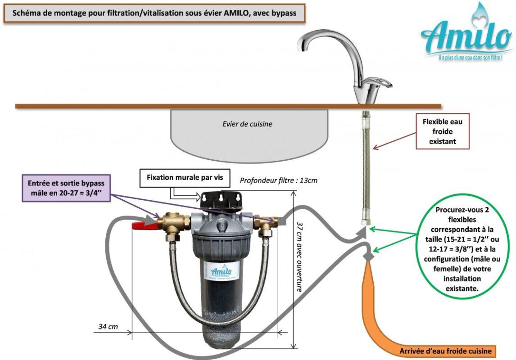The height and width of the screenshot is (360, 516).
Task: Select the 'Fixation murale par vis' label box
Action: [x=185, y=177]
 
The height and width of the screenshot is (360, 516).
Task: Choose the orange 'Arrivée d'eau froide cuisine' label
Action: [x=445, y=351]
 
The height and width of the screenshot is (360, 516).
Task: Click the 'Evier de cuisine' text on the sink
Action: [x=247, y=124]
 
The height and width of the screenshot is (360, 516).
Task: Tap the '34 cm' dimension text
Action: [x=108, y=326]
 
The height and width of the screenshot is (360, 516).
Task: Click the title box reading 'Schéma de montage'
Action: [x=154, y=13]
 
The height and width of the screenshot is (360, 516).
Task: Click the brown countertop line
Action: [x=225, y=106]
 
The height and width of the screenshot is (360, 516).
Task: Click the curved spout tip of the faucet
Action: [x=301, y=47]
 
